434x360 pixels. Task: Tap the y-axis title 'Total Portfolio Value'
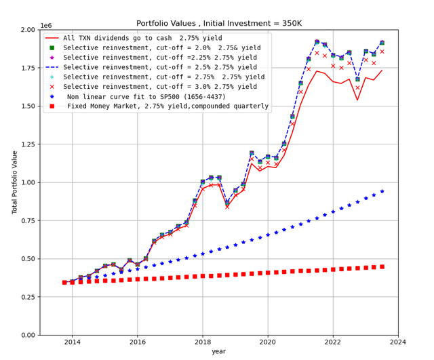(x=16, y=182)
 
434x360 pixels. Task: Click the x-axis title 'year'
(x=218, y=351)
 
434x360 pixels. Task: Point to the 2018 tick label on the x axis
(x=203, y=342)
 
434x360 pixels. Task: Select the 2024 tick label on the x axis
(x=398, y=342)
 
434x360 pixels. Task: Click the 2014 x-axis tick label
(x=73, y=342)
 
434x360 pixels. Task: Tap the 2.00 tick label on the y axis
(x=26, y=31)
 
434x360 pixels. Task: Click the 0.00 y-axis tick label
(x=26, y=335)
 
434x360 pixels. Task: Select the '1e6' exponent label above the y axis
(x=46, y=25)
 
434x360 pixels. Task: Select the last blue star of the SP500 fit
(x=382, y=191)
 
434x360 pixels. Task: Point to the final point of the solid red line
(x=382, y=70)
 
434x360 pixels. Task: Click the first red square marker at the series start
(x=64, y=282)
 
